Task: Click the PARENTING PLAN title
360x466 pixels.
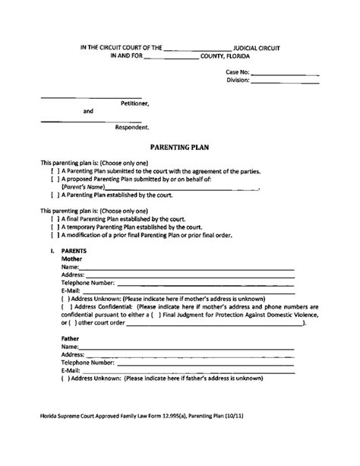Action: [x=179, y=151]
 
